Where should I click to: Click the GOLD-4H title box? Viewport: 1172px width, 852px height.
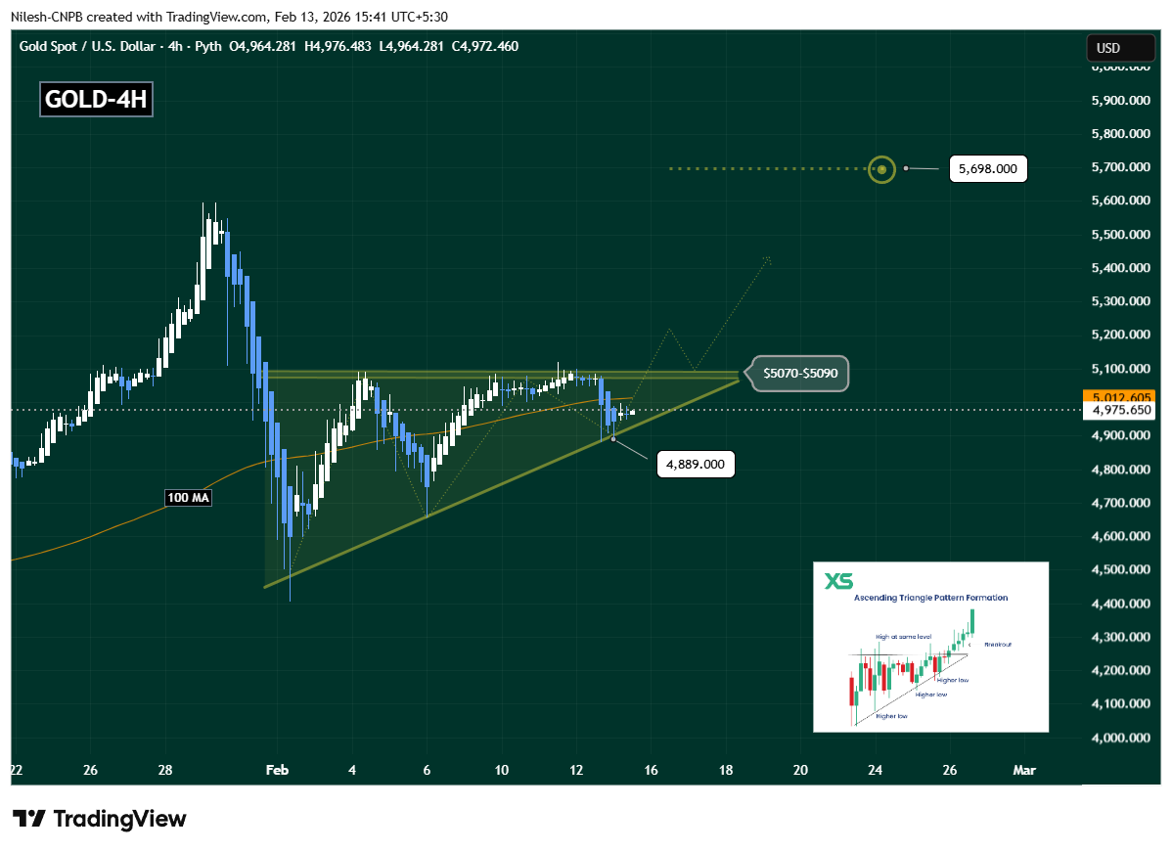pyautogui.click(x=96, y=101)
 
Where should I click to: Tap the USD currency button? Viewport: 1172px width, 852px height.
pyautogui.click(x=1107, y=48)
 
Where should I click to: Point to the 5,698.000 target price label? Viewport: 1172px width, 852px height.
pyautogui.click(x=987, y=169)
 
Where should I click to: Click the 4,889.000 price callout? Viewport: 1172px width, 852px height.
pyautogui.click(x=696, y=465)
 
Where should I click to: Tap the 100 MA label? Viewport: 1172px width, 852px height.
pyautogui.click(x=189, y=498)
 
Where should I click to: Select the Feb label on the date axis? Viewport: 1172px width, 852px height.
pyautogui.click(x=278, y=771)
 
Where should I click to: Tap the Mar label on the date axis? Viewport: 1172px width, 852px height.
pyautogui.click(x=1024, y=771)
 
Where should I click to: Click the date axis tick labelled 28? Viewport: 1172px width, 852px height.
pyautogui.click(x=165, y=771)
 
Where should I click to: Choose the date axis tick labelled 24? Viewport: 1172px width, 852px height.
pyautogui.click(x=875, y=771)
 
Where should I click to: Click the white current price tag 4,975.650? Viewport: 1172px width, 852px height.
pyautogui.click(x=1119, y=411)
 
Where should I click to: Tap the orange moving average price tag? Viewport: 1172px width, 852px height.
pyautogui.click(x=1119, y=397)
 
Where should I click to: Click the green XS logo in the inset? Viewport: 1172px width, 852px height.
pyautogui.click(x=837, y=581)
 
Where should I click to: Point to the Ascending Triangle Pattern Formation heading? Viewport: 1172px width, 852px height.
pyautogui.click(x=930, y=598)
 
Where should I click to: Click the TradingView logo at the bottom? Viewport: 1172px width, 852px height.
pyautogui.click(x=99, y=819)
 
